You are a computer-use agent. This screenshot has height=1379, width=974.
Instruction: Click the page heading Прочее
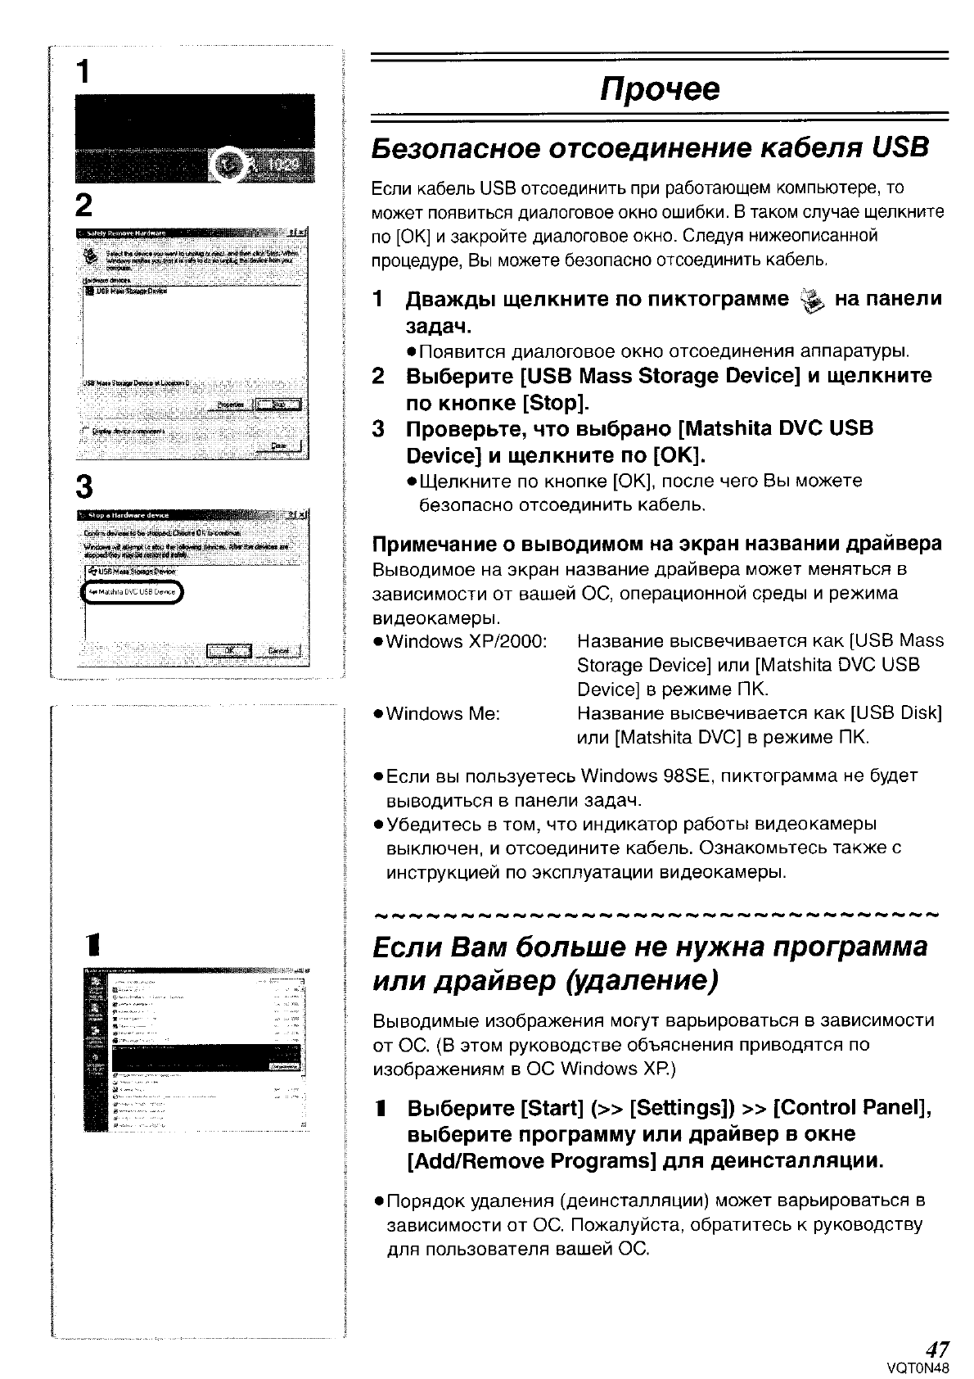[660, 88]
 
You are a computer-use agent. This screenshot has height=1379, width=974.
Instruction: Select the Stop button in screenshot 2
[278, 404]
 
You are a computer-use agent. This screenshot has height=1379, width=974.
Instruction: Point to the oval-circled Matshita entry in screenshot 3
[133, 593]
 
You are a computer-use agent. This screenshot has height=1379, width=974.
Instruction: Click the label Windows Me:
[443, 713]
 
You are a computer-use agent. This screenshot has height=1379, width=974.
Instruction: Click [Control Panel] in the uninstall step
[851, 1108]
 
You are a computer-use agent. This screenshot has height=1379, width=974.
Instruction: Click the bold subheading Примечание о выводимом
[655, 544]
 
